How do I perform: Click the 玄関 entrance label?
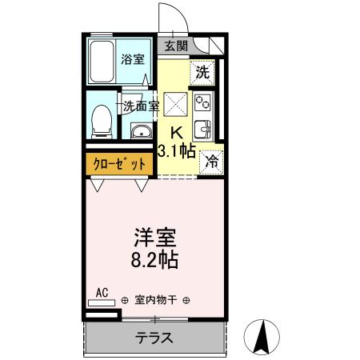177,46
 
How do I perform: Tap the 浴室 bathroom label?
132,58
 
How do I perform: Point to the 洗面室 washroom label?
141,104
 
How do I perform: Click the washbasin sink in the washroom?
141,132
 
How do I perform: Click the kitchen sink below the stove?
202,128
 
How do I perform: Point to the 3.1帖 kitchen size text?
177,151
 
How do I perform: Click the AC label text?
102,294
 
